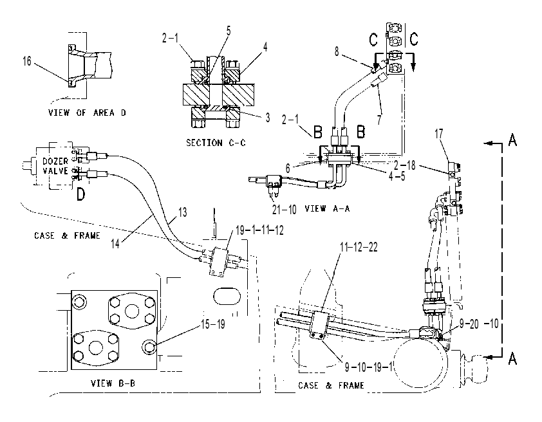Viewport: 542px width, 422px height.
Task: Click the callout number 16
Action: click(27, 61)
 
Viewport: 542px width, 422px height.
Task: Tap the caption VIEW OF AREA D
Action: click(87, 113)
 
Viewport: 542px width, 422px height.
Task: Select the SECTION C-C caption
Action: click(216, 143)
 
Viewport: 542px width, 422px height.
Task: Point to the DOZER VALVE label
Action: click(55, 166)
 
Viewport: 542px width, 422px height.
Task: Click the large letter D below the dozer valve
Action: click(80, 194)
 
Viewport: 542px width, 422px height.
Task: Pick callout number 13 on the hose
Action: click(183, 212)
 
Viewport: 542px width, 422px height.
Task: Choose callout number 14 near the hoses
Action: click(115, 243)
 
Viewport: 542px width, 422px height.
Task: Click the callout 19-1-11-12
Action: click(259, 230)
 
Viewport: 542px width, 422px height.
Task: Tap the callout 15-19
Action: click(213, 324)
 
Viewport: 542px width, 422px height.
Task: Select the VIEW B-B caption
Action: click(113, 383)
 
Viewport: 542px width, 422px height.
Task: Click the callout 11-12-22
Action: click(359, 247)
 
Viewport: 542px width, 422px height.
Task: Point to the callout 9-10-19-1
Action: click(368, 367)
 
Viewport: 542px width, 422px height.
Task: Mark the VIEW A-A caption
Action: click(328, 208)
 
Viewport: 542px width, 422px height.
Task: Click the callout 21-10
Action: click(284, 209)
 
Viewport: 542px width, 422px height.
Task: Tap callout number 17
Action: click(438, 134)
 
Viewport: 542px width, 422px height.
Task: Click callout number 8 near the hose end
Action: click(337, 51)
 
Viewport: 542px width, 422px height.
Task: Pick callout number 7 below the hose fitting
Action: click(379, 120)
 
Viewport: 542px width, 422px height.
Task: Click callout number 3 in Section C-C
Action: click(268, 118)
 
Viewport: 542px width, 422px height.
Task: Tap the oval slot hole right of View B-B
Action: click(227, 296)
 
